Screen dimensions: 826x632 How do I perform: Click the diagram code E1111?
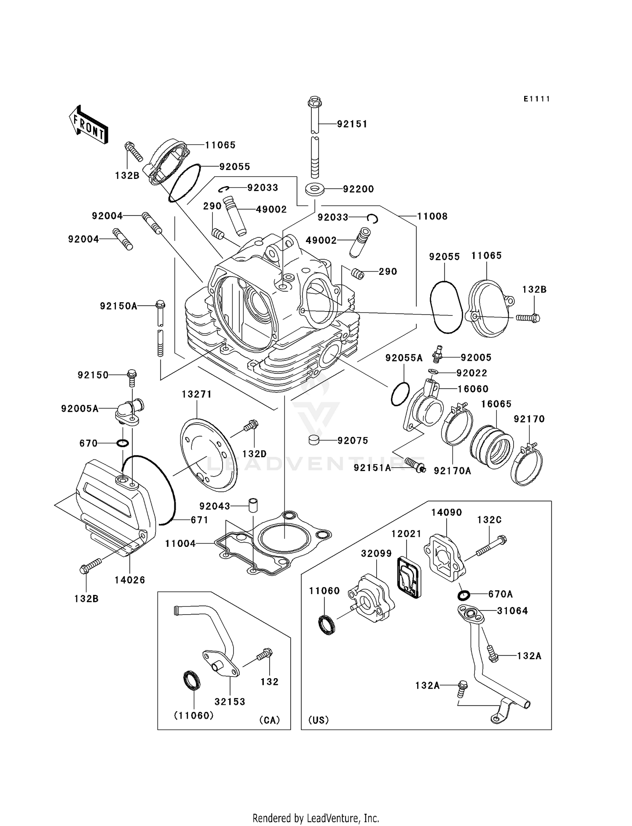pos(537,99)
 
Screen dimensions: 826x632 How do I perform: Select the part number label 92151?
pos(352,124)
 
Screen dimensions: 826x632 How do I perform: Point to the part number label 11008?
pos(432,216)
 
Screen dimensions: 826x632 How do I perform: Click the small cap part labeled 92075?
pos(313,440)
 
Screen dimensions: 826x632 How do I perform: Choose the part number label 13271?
pos(197,394)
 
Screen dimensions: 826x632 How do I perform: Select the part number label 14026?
pos(130,580)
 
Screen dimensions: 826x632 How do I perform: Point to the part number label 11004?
pos(180,544)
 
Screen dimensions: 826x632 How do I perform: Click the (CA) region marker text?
pos(270,720)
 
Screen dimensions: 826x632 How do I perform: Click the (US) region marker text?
pos(319,720)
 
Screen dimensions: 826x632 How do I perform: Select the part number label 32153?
pos(230,702)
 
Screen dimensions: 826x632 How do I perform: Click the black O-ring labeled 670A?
pos(463,595)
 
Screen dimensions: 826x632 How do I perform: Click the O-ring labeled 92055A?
pos(400,394)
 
